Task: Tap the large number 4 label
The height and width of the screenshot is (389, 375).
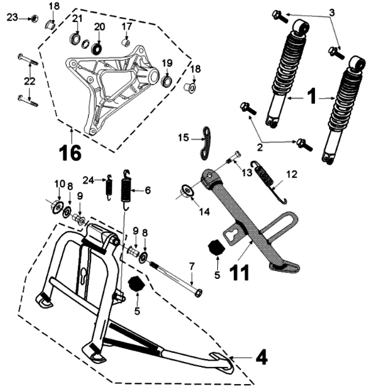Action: pyautogui.click(x=261, y=357)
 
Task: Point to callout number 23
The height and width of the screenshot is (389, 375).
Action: pyautogui.click(x=13, y=18)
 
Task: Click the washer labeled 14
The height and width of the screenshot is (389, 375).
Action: pyautogui.click(x=187, y=193)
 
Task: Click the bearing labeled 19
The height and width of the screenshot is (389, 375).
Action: pyautogui.click(x=166, y=80)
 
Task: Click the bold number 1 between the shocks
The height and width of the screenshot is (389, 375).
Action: pyautogui.click(x=310, y=96)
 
